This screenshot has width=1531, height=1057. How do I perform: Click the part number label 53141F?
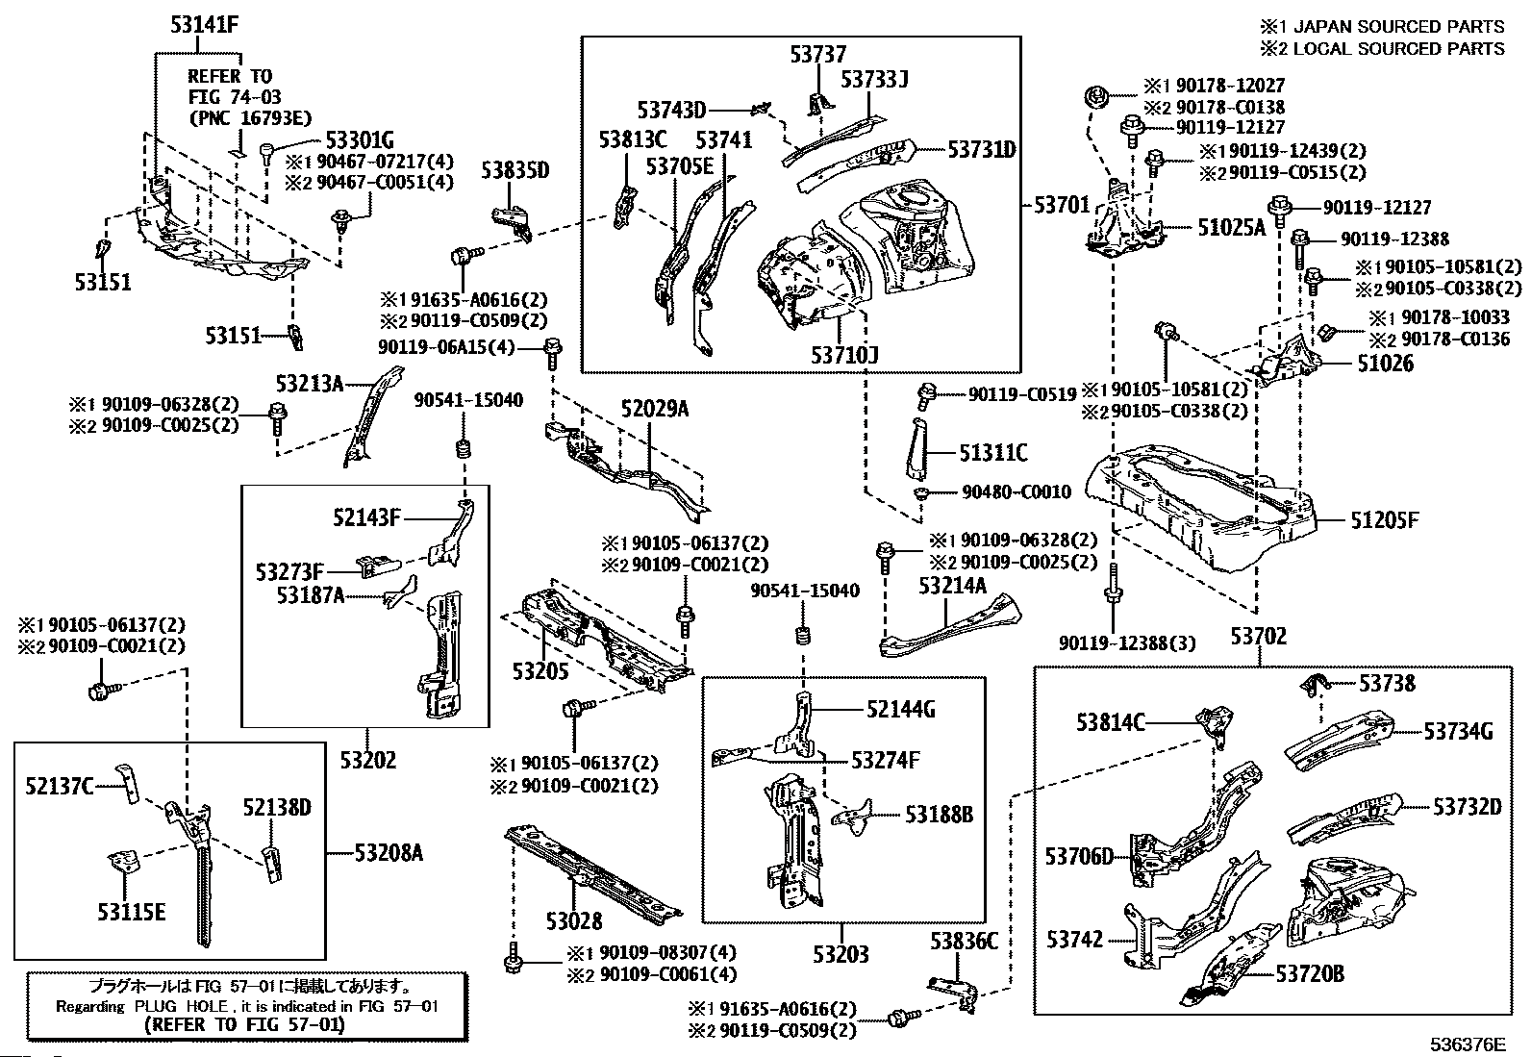(x=204, y=26)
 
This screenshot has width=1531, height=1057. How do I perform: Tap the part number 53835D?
(x=515, y=170)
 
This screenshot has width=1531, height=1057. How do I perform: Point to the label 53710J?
(x=844, y=356)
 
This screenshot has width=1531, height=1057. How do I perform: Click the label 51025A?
(x=1232, y=228)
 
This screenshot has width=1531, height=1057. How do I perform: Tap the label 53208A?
(x=389, y=852)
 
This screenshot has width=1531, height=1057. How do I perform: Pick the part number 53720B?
(x=1310, y=974)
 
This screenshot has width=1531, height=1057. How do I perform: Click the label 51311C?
(x=992, y=452)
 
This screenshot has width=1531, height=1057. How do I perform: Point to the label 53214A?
(x=952, y=585)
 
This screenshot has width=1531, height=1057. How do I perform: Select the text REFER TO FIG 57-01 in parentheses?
(x=243, y=1024)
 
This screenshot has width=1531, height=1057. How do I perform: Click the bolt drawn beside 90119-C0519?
(x=927, y=392)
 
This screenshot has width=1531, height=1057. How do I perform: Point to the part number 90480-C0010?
(x=1016, y=492)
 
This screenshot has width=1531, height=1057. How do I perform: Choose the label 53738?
(x=1387, y=683)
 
